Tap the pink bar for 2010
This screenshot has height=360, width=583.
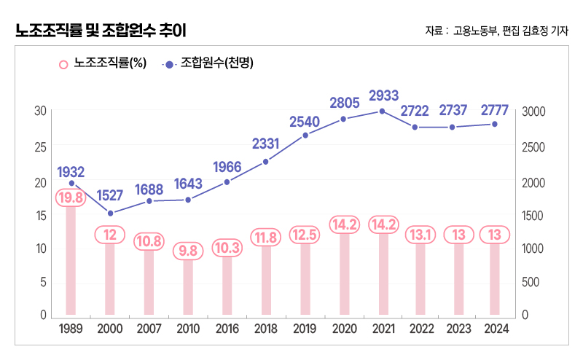coord(188,288)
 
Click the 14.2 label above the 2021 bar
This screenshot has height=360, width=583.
coord(382,224)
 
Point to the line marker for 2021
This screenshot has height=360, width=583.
coord(382,111)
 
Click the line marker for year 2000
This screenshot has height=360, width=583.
coord(110,214)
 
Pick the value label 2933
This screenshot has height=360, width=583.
coord(383,95)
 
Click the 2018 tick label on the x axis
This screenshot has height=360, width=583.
coord(265,329)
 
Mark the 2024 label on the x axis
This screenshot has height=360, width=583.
coord(495,329)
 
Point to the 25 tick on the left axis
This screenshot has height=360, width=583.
coord(41,146)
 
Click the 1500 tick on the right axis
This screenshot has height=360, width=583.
coord(534,216)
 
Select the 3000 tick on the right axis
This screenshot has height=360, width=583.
coord(534,111)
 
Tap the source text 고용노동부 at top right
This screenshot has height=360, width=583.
coord(474,31)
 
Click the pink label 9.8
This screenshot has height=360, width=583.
coord(188,251)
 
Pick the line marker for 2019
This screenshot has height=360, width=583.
coord(305,136)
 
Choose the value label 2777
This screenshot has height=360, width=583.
coord(495,110)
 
